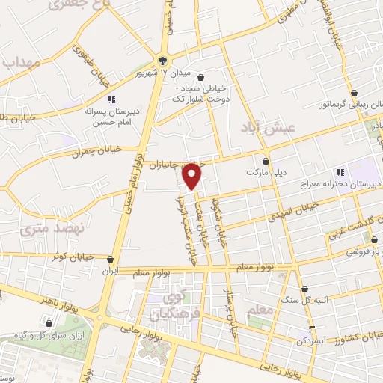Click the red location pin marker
click(193, 176)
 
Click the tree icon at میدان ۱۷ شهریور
click(163, 61)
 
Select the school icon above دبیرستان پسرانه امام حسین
click(111, 99)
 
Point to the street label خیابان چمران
click(75, 153)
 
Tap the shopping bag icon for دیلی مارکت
click(266, 160)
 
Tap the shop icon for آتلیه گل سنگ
click(304, 289)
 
